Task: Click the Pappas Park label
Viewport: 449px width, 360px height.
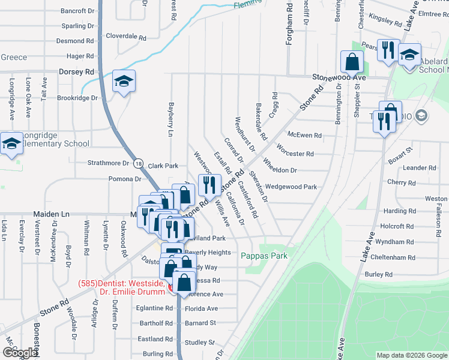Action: point(264,256)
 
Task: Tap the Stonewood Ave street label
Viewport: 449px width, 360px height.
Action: point(339,78)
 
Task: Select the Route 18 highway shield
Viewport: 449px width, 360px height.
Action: point(139,163)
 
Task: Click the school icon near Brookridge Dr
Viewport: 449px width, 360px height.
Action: point(124,82)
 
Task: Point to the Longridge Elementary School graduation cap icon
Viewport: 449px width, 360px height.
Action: point(11,144)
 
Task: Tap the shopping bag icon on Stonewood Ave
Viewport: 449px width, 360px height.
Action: point(352,62)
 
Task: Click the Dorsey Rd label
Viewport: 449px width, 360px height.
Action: point(77,71)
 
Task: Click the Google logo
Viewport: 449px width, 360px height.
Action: point(19,353)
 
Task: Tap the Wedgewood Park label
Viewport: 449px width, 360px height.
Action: point(291,187)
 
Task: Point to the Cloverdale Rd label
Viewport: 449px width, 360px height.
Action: point(126,37)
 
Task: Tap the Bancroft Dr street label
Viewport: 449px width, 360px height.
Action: point(78,11)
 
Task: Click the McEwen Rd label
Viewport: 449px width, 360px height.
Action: point(305,136)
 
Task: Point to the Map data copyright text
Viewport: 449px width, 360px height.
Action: point(412,355)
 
